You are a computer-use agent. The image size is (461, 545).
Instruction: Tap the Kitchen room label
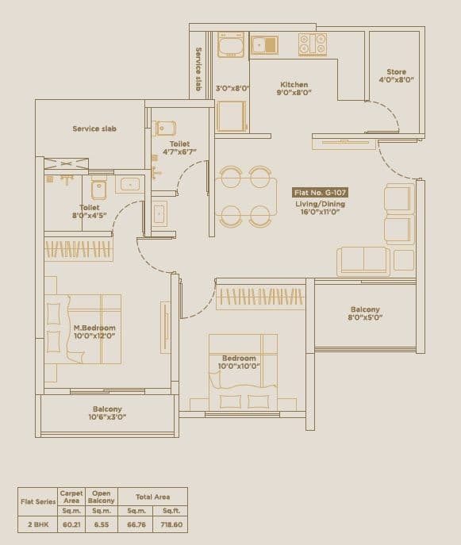(294, 85)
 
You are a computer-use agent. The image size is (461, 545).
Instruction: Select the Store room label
(396, 72)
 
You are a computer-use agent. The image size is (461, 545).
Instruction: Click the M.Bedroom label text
(94, 328)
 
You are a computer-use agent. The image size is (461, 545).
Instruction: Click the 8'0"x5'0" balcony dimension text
(365, 317)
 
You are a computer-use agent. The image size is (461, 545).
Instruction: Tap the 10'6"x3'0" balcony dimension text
(107, 416)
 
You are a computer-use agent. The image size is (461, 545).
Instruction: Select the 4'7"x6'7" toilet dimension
(179, 152)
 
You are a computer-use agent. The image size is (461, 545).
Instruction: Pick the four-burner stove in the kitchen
(312, 44)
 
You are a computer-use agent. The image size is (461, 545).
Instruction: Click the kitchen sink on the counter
(264, 45)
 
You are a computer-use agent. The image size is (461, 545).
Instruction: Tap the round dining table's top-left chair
(231, 178)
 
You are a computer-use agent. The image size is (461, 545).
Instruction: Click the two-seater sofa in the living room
(363, 261)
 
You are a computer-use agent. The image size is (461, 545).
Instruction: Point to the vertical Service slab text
(199, 70)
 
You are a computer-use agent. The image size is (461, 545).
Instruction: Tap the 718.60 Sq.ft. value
(170, 524)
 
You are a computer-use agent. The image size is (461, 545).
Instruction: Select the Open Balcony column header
(102, 497)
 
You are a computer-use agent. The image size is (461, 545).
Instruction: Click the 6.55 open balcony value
(102, 524)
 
